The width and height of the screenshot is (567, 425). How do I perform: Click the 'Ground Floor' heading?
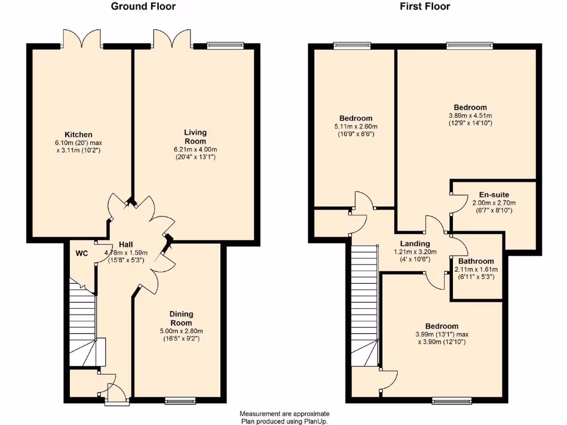point(143,7)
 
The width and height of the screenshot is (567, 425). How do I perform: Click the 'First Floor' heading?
point(425,7)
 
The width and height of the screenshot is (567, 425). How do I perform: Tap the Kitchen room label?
point(79,134)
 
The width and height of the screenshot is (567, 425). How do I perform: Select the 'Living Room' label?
point(195,136)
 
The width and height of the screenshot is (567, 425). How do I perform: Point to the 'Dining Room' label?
point(181,318)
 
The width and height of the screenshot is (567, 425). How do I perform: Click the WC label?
point(82,253)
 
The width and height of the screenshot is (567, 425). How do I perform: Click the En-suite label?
point(486,195)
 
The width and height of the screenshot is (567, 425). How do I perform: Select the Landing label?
point(415,243)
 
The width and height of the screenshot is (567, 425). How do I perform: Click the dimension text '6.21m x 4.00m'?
point(195,149)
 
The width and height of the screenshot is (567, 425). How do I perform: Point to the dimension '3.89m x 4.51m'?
point(470,115)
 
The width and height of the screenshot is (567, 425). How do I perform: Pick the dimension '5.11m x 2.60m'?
point(355,126)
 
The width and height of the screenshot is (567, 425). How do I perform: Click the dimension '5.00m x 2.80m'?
point(181,331)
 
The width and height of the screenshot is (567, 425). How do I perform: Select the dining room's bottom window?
point(181,400)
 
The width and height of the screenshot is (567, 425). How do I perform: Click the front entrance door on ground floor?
point(116,394)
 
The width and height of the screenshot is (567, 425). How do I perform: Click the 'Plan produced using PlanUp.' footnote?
point(284,421)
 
